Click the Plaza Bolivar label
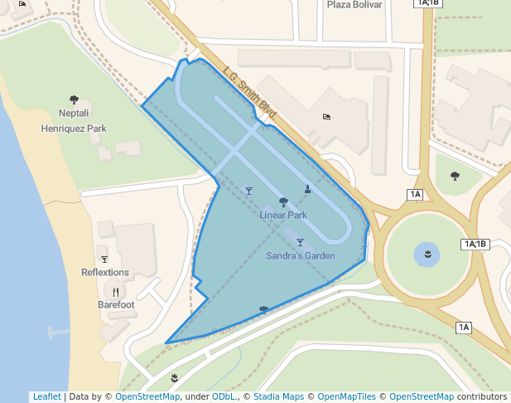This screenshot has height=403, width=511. coord(354,5)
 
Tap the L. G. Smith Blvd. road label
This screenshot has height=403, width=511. coord(248,90)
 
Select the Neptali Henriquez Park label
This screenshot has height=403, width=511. coord(74,120)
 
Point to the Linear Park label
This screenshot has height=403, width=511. coord(283,215)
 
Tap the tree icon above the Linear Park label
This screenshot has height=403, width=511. coord(283,201)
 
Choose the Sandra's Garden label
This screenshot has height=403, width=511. coord(301,255)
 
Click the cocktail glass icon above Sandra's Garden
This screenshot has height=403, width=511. coord(300,242)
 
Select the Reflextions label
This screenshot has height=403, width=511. coord(105,272)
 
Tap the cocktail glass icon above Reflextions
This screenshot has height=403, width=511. coord(104,259)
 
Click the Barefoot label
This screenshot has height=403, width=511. coord(116,304)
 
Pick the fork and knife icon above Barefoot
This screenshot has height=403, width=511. coord(116,291)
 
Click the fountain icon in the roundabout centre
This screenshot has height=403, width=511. coord(427,253)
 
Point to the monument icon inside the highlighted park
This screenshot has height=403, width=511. coord(307,189)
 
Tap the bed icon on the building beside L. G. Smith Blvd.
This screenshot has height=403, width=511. coord(326,117)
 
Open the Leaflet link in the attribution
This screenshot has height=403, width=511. coord(46,396)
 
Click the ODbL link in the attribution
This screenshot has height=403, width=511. coord(224,396)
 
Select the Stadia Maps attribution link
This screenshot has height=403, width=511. coord(277,396)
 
